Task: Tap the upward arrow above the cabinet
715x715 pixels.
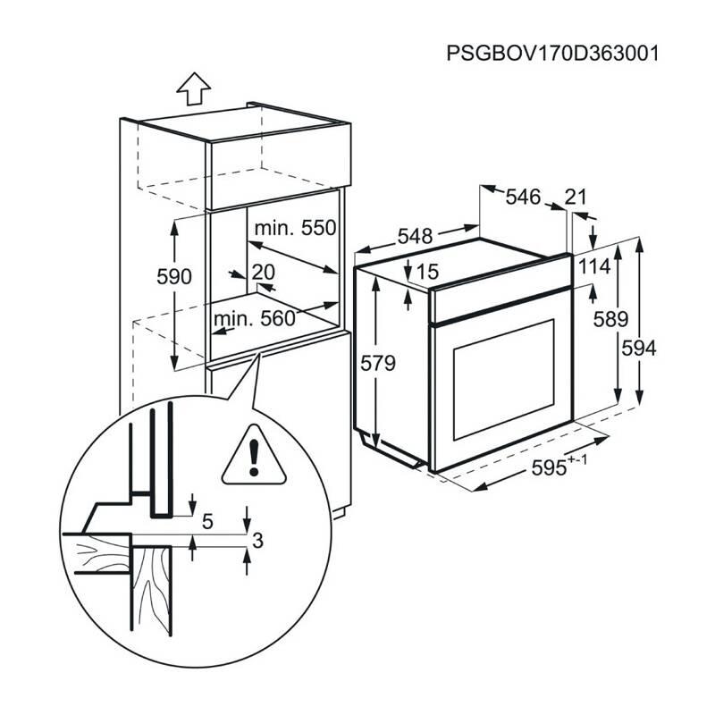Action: [193, 88]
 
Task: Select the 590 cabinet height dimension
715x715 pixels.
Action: [174, 277]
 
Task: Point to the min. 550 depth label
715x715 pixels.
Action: [294, 229]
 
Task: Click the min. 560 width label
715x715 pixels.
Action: [253, 318]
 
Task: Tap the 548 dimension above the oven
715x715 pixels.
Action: [415, 237]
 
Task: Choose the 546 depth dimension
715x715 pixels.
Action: [523, 198]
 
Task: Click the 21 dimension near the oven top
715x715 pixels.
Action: [576, 198]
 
